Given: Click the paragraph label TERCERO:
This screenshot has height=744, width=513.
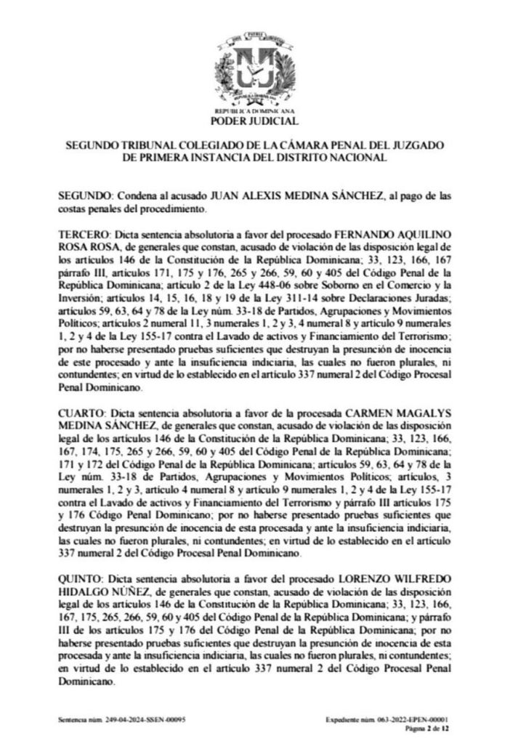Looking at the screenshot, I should (x=83, y=237).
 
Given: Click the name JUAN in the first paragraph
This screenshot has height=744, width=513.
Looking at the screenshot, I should (x=225, y=196).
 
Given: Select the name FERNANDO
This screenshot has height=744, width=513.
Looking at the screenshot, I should (x=360, y=237).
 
